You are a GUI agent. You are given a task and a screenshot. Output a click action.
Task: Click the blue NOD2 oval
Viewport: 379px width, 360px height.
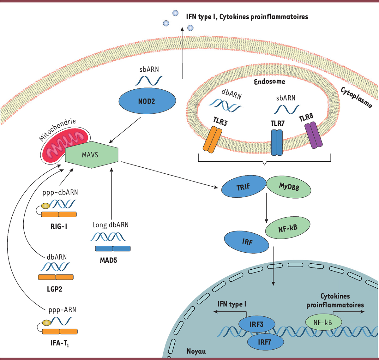[x=147, y=101]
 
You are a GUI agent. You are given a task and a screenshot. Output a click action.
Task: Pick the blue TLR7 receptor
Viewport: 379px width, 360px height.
[x=277, y=142]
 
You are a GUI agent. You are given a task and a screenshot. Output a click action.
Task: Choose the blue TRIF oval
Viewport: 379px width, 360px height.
[x=243, y=187]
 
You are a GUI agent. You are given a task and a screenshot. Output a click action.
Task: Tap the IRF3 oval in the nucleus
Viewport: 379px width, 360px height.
[x=256, y=324]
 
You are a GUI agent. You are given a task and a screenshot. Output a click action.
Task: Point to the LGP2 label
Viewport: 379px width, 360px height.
[x=54, y=289]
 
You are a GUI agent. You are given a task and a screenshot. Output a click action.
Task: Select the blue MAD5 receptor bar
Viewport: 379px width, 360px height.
[x=113, y=249]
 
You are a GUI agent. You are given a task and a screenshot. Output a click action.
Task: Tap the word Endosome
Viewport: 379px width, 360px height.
[x=269, y=82]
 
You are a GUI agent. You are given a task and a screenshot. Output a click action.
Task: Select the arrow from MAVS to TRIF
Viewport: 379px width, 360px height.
[x=171, y=175]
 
